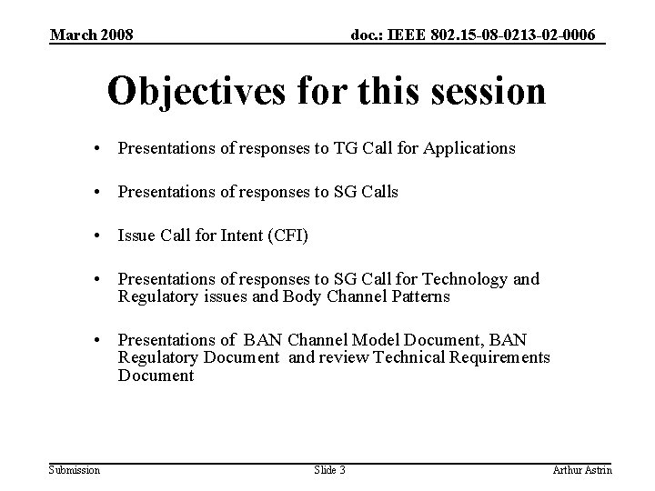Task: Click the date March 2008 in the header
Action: (91, 35)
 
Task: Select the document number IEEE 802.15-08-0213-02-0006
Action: (474, 35)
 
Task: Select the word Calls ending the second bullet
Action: (378, 192)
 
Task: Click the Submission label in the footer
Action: (75, 469)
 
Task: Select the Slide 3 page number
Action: (329, 469)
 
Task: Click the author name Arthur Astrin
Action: (582, 469)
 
